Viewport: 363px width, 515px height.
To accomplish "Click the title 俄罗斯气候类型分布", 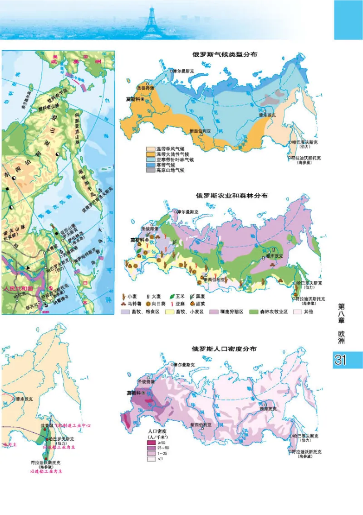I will (x=225, y=54).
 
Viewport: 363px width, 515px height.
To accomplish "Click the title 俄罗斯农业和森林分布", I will (x=231, y=196).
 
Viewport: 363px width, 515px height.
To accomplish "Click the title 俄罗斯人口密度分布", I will (x=225, y=349).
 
